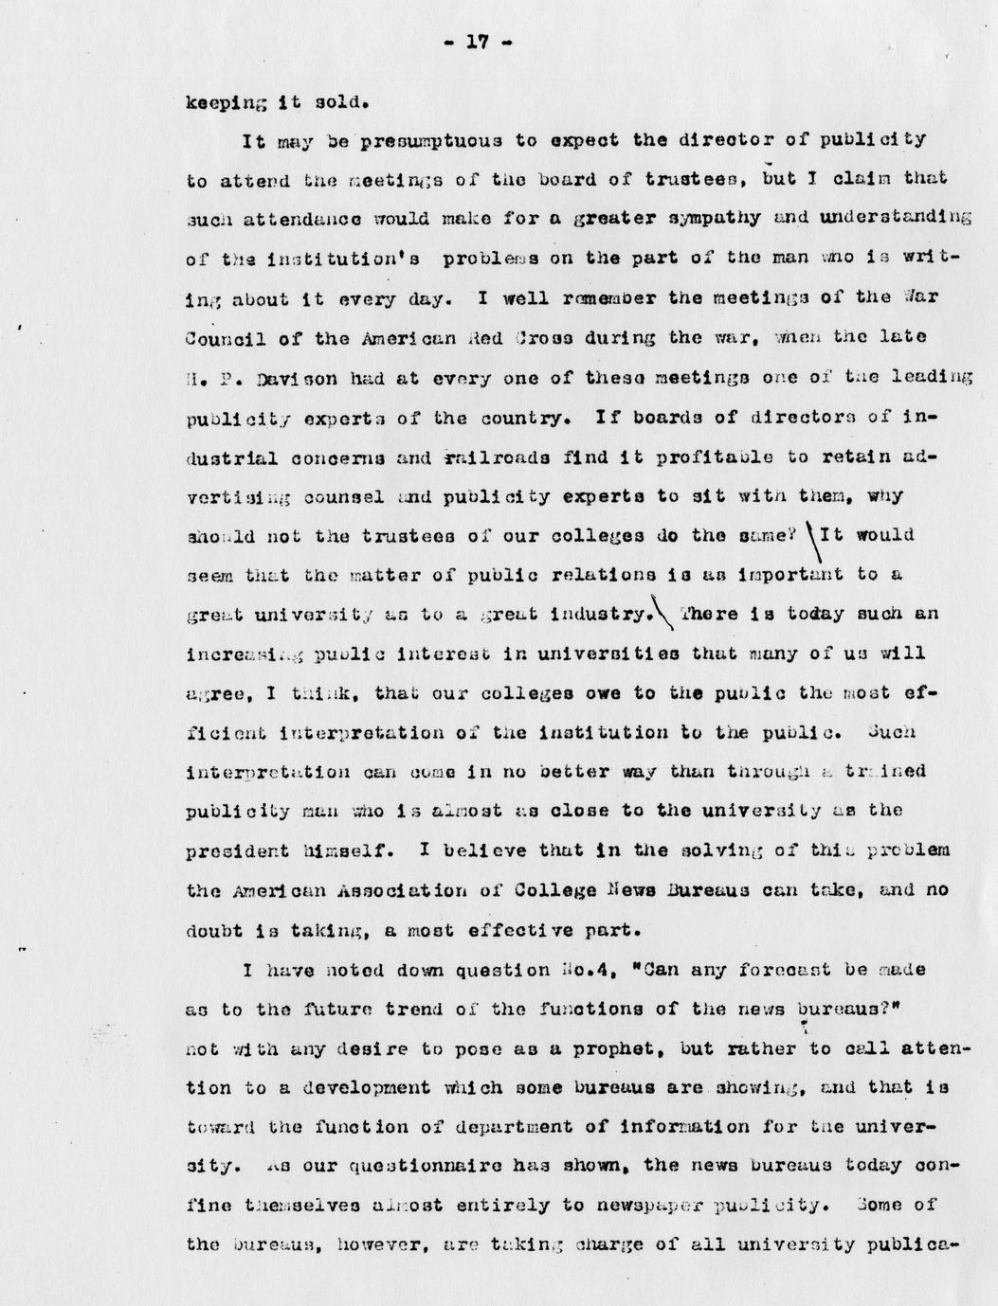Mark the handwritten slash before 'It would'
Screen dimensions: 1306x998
pos(811,542)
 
